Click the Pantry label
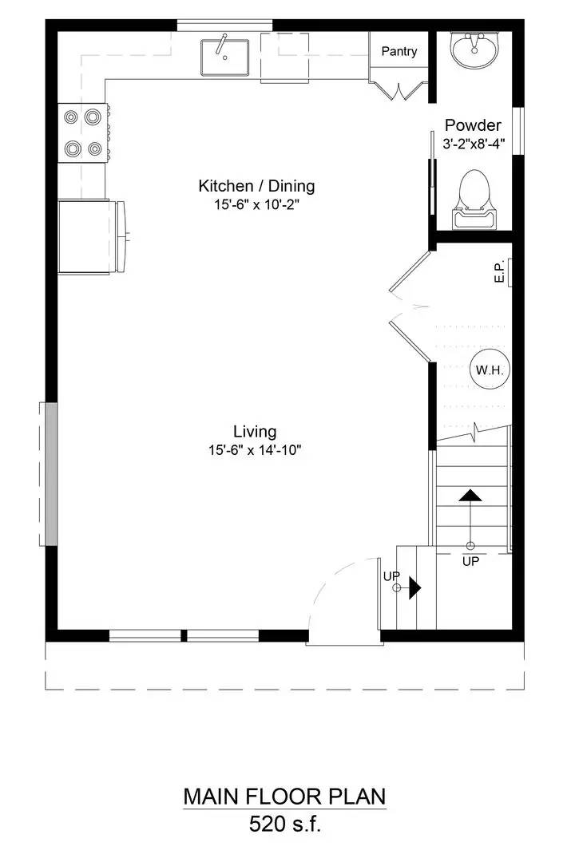399,52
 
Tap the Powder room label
473,125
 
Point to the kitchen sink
224,56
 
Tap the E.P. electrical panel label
498,274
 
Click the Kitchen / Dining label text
256,186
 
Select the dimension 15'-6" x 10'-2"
256,204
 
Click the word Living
255,432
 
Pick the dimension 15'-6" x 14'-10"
255,450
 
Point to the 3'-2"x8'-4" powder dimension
474,144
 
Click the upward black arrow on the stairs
470,495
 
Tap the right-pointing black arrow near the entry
414,588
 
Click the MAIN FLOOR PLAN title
284,797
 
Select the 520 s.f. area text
284,824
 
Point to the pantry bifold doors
397,89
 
